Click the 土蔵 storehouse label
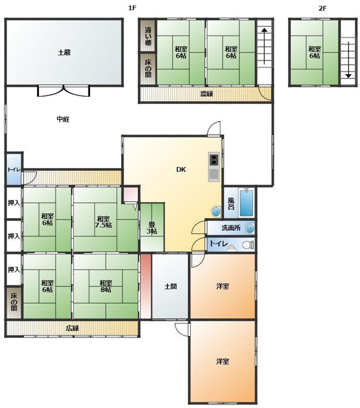coord(64,53)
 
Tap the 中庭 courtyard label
coord(63,119)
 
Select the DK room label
coord(181,169)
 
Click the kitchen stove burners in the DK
coord(214,160)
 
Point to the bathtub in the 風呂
coord(246,203)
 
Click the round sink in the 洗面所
coord(250,228)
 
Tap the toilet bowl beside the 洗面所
coord(247,245)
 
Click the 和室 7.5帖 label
coord(103,222)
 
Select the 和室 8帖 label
coord(106,286)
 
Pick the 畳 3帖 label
coord(152,228)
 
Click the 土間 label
coord(170,286)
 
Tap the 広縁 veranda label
coord(72,328)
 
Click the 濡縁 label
coord(207,94)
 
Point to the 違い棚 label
coord(148,36)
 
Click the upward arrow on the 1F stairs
coord(264,46)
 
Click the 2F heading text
coord(323,8)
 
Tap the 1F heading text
coord(132,8)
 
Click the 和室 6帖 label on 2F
coord(314,52)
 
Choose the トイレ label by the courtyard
coord(14,169)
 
